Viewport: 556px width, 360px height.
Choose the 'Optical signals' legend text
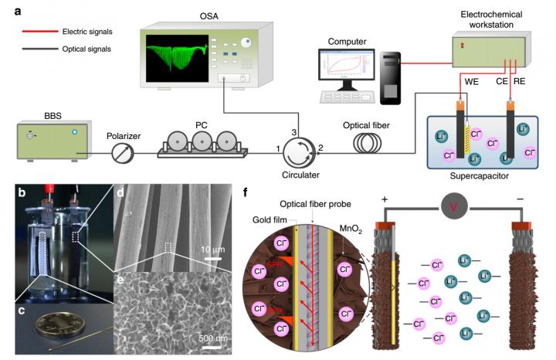(x=87, y=49)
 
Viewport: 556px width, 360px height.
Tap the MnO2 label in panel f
(x=353, y=229)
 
